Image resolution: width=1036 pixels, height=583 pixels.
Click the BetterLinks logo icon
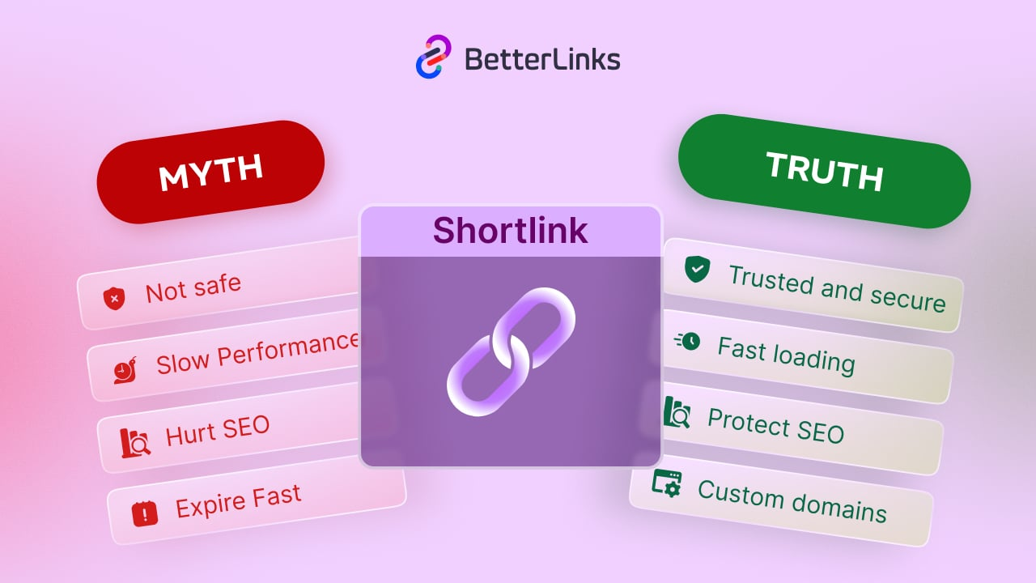point(433,57)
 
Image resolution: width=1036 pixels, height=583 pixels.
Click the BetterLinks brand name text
point(542,59)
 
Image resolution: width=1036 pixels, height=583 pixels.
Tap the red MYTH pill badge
point(210,172)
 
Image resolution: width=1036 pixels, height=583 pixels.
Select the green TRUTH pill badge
point(824,171)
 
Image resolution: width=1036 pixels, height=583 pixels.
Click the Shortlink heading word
point(510,231)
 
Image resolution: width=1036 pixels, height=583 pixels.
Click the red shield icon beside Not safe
point(114,298)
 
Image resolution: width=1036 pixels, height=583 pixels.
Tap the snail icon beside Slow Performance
point(125,370)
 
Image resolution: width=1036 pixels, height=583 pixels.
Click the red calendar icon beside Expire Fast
point(145,513)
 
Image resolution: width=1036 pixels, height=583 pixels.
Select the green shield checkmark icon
point(696,269)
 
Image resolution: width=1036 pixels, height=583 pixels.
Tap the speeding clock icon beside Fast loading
point(687,341)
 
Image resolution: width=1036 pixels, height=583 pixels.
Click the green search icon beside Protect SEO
point(677,412)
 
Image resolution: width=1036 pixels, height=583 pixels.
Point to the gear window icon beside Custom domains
point(667,484)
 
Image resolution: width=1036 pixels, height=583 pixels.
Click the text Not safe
point(193,288)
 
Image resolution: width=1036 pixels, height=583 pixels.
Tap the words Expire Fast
point(238,501)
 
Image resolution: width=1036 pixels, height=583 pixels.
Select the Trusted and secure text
point(837,288)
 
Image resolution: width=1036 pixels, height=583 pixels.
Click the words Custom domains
point(792,501)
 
